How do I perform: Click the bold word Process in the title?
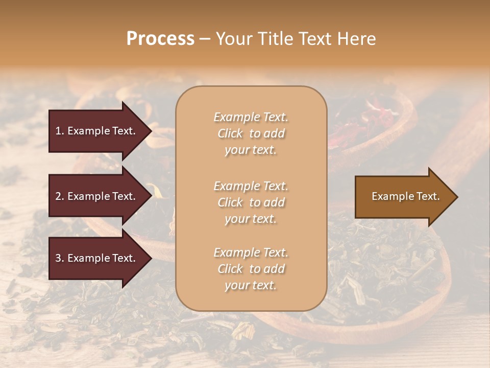(160, 39)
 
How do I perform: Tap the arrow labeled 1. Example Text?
(95, 131)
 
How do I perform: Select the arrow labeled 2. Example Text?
(95, 196)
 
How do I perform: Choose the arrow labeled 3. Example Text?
(95, 258)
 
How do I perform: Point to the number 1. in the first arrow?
(60, 131)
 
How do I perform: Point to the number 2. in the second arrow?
(60, 196)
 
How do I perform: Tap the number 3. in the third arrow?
(60, 258)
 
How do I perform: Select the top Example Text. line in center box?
(251, 117)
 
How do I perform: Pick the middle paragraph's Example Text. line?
(251, 186)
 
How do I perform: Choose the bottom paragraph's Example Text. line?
(251, 252)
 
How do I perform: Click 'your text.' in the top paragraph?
(251, 150)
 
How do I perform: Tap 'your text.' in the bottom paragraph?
(251, 285)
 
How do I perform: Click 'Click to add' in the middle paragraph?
(251, 202)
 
